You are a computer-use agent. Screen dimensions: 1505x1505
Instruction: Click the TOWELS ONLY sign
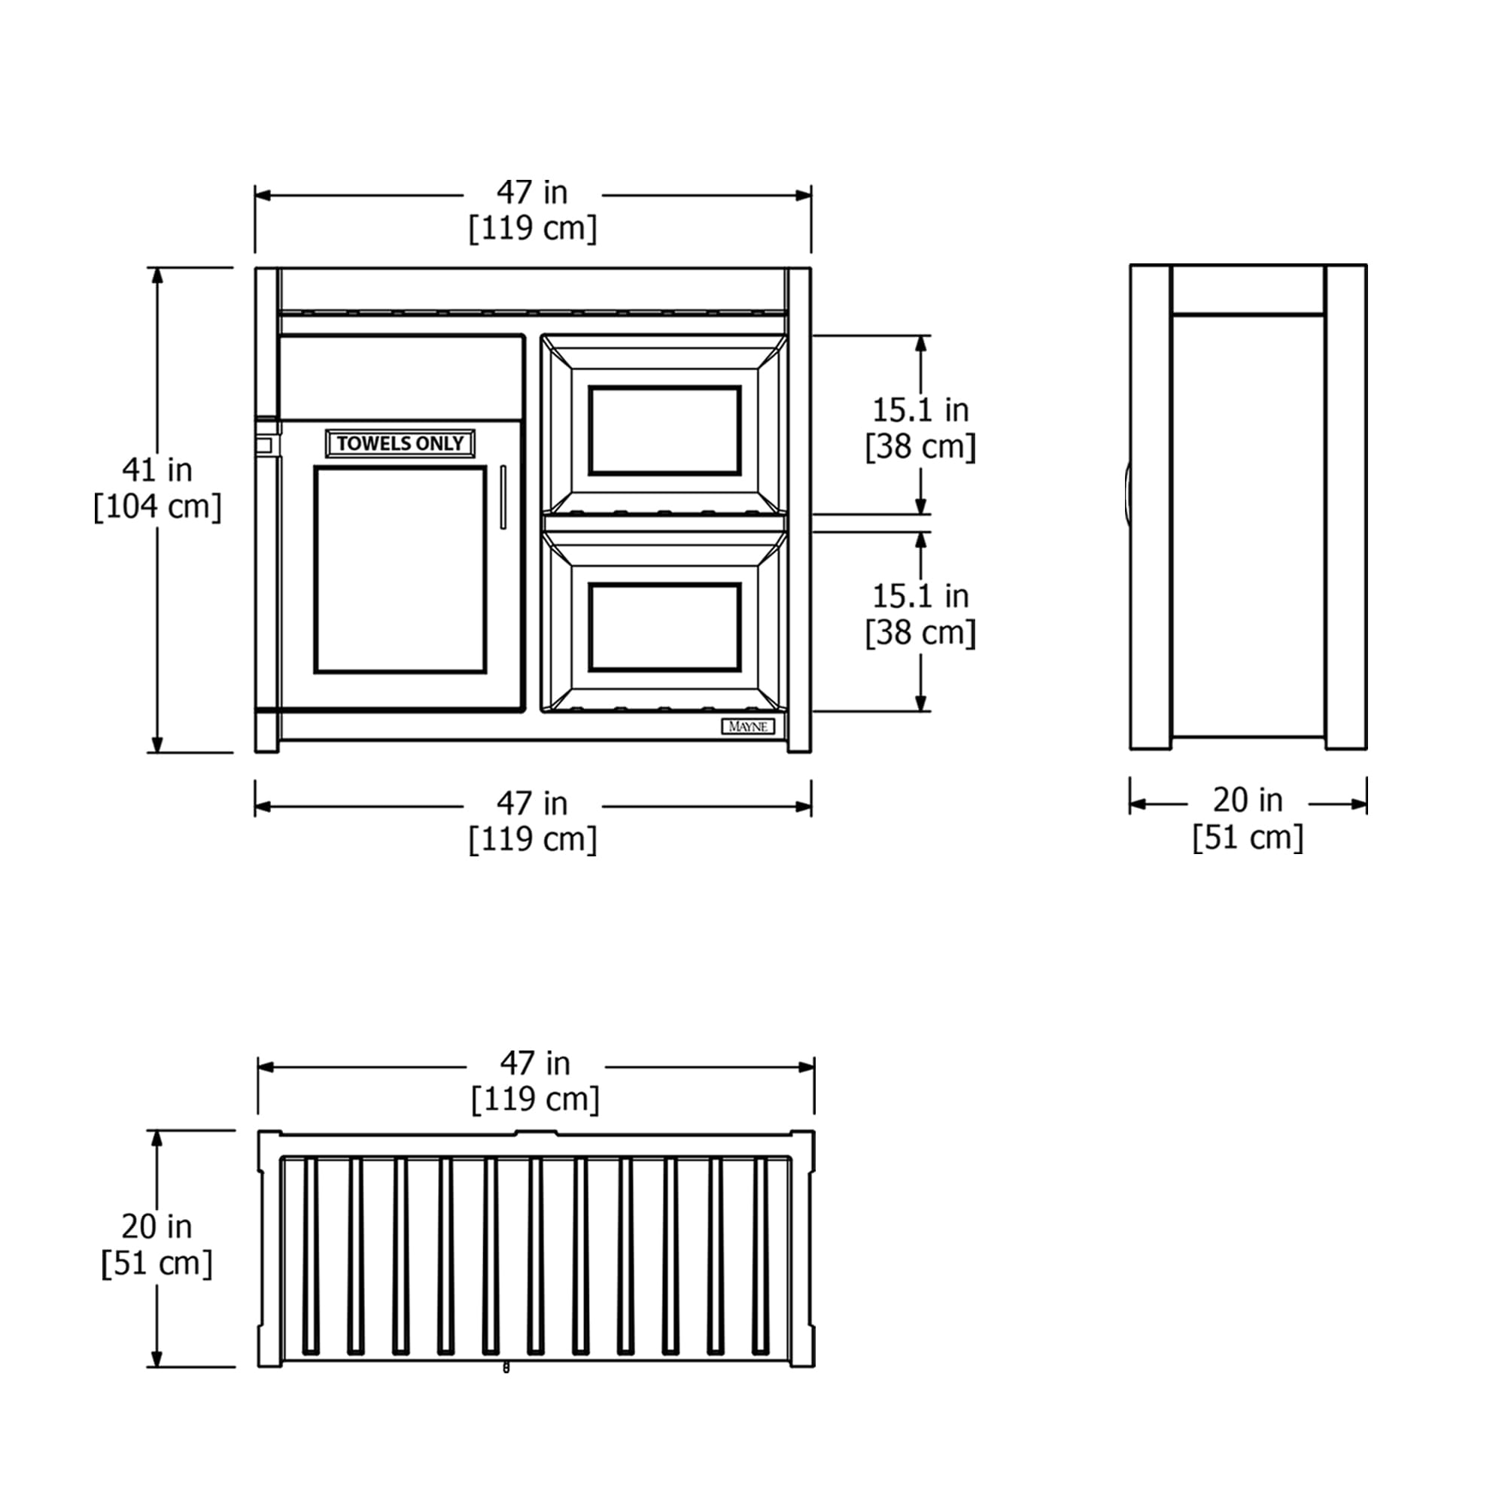pos(400,443)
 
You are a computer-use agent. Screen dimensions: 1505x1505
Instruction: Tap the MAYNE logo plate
pos(747,726)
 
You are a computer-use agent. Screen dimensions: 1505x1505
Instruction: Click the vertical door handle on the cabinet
pos(503,497)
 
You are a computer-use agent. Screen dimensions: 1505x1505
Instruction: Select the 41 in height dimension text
pos(157,470)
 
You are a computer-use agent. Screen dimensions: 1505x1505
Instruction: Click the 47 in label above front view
pos(532,193)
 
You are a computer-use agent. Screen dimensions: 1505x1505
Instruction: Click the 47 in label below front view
pos(532,803)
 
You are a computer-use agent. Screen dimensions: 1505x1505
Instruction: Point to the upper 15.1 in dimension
pos(920,410)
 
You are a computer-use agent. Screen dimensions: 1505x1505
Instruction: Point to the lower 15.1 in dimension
pos(920,596)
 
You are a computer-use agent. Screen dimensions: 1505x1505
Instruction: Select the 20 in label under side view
pos(1247,799)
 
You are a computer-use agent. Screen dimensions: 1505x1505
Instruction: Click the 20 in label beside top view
pos(157,1226)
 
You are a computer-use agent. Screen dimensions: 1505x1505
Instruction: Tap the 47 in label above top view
pos(535,1063)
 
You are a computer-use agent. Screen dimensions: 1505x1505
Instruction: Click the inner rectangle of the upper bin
pos(664,430)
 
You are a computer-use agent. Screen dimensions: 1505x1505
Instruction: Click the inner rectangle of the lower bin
pos(664,626)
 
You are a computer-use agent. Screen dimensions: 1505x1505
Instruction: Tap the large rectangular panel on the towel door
pos(400,570)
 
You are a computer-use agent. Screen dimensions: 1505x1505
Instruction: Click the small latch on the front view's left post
pos(265,445)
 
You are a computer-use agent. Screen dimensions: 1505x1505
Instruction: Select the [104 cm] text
pos(157,507)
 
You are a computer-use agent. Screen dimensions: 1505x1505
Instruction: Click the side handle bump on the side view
pos(1127,491)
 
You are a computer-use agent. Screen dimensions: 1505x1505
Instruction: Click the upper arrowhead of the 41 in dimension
pos(157,275)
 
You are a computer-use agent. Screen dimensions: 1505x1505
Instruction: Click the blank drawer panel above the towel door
pos(400,378)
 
